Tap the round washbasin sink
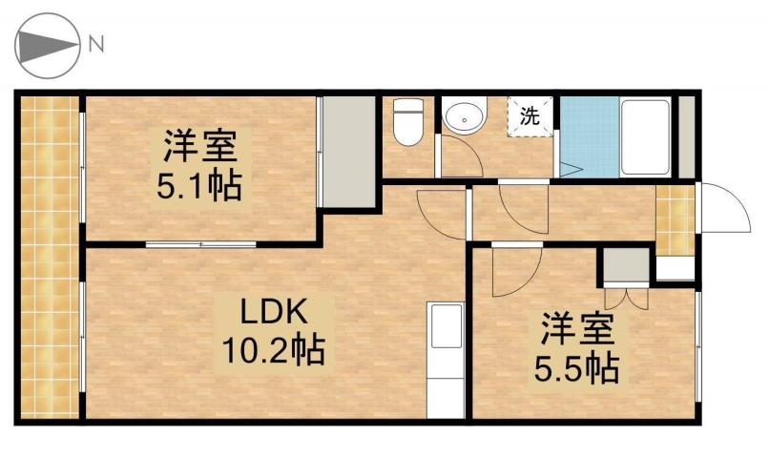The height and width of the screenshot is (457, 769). pos(465,118)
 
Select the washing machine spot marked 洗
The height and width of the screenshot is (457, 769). pos(530,116)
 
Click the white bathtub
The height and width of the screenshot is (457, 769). pos(645,135)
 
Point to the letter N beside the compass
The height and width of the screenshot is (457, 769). pos(95,42)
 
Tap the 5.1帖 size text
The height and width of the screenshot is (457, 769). pos(199,182)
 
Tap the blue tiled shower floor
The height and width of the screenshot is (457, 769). pos(586,135)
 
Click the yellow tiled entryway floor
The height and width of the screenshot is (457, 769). pos(675,218)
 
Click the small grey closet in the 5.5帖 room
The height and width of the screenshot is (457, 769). pos(624,265)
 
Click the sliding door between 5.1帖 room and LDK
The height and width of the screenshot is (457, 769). pos(201,245)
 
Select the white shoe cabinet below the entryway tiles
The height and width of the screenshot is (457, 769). pos(675,267)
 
